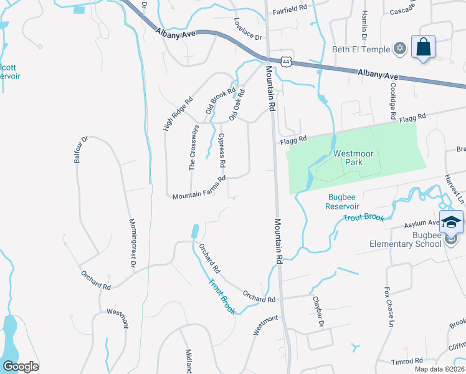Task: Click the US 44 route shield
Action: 286,61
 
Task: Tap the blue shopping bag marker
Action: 423,47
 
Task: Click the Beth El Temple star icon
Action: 400,49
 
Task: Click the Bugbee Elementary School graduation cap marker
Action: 451,222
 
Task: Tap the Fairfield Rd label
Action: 290,8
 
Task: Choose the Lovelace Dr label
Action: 247,27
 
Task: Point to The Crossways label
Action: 194,148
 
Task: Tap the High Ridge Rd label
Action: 178,113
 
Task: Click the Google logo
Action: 20,367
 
